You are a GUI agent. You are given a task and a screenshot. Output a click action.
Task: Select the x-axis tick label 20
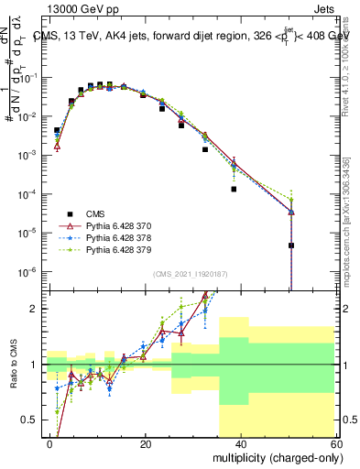(146, 443)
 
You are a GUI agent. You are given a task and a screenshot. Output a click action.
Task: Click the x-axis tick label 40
(240, 443)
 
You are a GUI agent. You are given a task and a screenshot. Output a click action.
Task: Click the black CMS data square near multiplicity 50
(290, 245)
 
